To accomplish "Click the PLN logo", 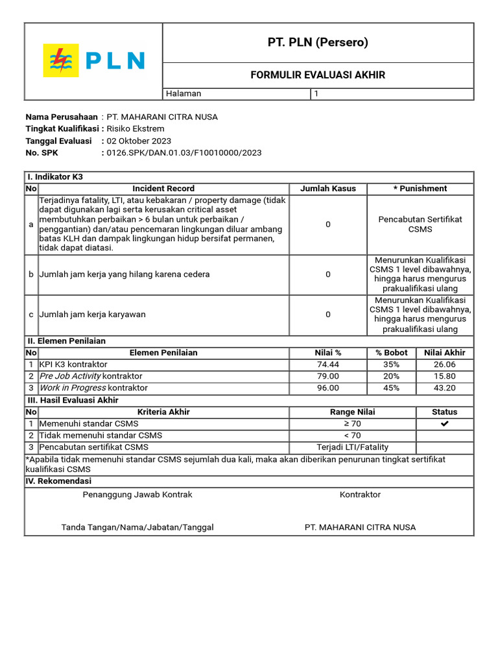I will click(x=93, y=61).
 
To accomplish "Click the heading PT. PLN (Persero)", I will click(x=318, y=43).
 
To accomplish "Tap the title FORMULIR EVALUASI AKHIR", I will click(x=318, y=75).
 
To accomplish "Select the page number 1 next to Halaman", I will click(x=316, y=93).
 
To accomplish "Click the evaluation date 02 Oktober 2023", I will click(x=139, y=141).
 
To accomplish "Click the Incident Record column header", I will click(x=163, y=189).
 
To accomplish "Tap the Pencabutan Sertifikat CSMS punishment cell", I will click(x=420, y=224).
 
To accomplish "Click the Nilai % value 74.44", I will click(x=327, y=364).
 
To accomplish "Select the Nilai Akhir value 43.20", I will click(x=444, y=388).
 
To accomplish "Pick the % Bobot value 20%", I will click(x=392, y=376).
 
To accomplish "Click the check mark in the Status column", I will click(x=444, y=423).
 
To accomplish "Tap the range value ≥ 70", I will click(x=352, y=423).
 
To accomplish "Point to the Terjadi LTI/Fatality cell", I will click(x=352, y=447).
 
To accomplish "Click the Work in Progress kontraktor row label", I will click(x=93, y=388).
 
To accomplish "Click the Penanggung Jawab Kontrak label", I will click(x=137, y=494).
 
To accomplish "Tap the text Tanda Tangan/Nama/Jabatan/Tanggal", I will click(x=137, y=527).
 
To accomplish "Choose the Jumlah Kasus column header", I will click(x=327, y=189).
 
